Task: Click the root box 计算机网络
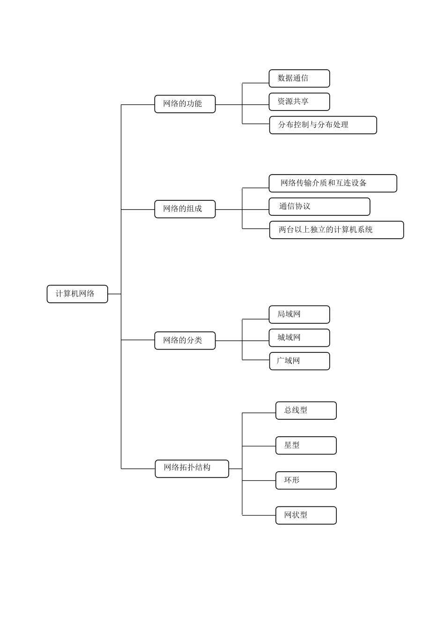click(77, 294)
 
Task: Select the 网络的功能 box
click(185, 104)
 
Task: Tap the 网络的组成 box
click(185, 209)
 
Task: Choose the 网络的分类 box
click(185, 340)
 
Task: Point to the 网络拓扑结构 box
click(192, 468)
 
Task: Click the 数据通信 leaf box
click(299, 79)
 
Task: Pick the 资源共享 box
click(299, 102)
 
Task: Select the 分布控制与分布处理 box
click(323, 125)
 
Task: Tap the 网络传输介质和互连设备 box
click(333, 183)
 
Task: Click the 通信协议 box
click(319, 206)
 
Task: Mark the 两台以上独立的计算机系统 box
click(336, 230)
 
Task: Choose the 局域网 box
click(299, 314)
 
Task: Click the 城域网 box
click(299, 338)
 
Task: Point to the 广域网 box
click(299, 361)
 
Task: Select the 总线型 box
click(306, 410)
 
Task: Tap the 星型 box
click(306, 446)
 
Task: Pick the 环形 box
click(306, 480)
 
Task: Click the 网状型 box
click(306, 515)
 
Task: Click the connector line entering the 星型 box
click(259, 446)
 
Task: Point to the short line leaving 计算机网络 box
click(114, 294)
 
